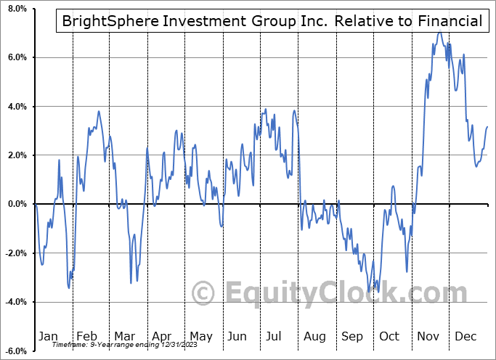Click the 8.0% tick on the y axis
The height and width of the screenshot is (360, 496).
[16, 9]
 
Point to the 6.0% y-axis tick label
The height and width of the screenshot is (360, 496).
[16, 58]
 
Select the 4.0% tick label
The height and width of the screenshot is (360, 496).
[16, 107]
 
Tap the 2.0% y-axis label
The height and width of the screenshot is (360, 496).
[16, 155]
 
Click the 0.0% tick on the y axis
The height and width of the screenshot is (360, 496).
[16, 204]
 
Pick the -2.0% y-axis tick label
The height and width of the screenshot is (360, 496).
[15, 253]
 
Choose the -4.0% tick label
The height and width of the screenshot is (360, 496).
[15, 302]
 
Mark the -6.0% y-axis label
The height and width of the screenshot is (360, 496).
[15, 351]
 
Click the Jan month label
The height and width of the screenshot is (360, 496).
[48, 337]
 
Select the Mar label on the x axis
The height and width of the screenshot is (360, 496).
[124, 337]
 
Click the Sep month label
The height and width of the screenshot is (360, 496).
[352, 337]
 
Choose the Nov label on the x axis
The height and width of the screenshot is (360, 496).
[428, 337]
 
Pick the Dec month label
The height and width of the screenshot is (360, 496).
[466, 337]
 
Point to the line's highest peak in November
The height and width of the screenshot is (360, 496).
[439, 33]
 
